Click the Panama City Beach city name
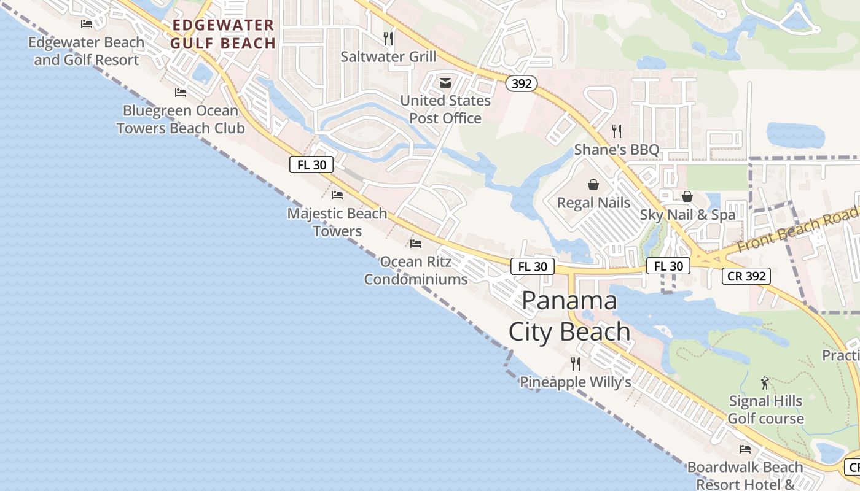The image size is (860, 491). [569, 317]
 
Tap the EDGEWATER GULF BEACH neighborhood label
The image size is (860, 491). [223, 34]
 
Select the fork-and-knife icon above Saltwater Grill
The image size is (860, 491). [388, 39]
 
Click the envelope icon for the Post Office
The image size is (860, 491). [445, 83]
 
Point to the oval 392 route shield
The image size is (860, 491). [522, 84]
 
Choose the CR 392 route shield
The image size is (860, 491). [746, 276]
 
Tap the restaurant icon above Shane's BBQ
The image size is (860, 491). [617, 131]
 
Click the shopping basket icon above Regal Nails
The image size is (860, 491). [593, 185]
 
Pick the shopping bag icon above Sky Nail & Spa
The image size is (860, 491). [687, 196]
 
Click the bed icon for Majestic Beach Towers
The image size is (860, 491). [337, 195]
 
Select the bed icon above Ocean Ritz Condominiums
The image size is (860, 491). [416, 244]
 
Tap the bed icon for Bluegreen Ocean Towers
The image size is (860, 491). [181, 93]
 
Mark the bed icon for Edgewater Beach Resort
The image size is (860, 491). [87, 24]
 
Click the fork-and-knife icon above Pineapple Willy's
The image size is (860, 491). [576, 363]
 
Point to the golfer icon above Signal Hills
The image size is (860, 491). [765, 383]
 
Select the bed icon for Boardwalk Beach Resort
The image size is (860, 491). [745, 449]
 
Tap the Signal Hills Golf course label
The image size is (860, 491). [765, 410]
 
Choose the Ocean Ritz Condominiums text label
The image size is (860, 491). [416, 271]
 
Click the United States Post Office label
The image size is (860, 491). [445, 109]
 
